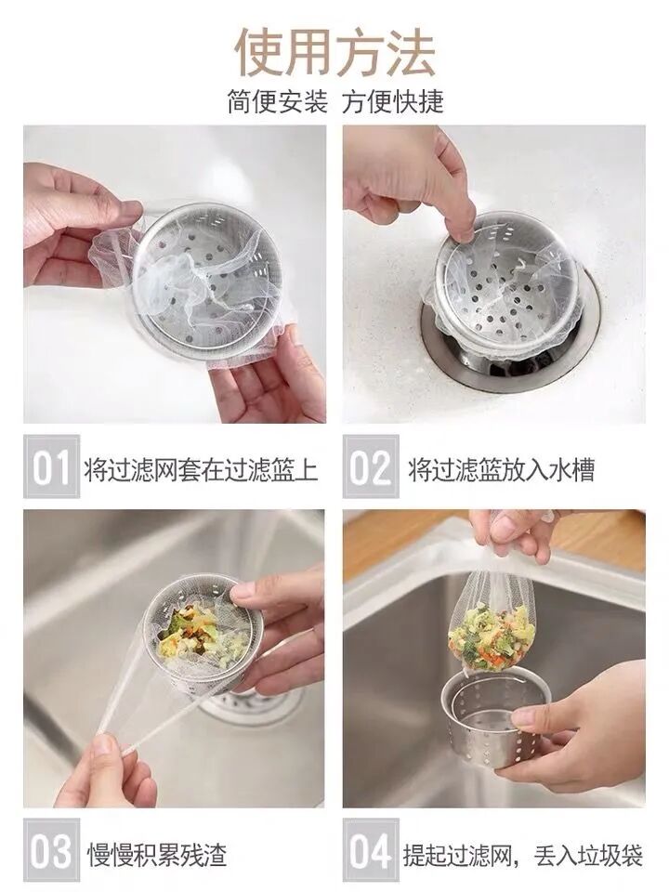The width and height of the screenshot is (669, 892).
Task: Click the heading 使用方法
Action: coord(334,53)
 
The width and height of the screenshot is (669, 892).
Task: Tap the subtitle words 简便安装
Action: coord(278,102)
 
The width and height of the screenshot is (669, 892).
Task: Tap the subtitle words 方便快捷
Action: coord(392,102)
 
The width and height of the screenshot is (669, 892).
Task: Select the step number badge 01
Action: coord(51,466)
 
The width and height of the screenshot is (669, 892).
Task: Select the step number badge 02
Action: coord(371,466)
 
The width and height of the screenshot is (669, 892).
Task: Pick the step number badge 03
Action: coord(51,850)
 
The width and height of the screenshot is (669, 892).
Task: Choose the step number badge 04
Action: coord(371,850)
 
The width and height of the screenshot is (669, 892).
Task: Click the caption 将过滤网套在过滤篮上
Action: coord(201,469)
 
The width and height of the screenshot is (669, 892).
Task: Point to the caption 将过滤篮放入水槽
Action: coord(501,469)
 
